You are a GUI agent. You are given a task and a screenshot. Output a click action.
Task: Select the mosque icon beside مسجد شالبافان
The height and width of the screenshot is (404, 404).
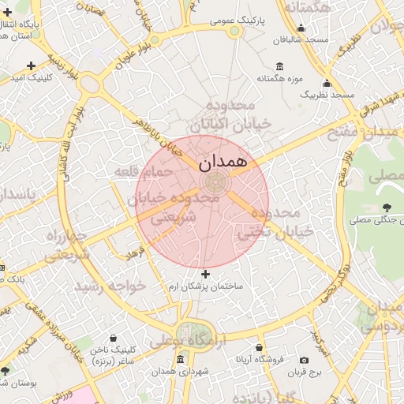tap(301, 28)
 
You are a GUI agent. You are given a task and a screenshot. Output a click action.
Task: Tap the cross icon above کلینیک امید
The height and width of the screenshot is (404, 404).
tap(31, 65)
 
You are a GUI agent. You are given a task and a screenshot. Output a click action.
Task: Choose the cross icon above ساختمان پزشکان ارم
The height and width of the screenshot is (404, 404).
tap(206, 275)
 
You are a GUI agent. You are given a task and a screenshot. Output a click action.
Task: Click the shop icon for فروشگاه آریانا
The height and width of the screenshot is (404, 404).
tap(259, 346)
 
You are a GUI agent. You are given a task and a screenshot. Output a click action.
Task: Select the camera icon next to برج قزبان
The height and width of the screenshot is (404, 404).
tap(305, 360)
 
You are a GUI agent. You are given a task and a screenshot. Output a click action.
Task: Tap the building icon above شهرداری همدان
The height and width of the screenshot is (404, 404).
tap(181, 360)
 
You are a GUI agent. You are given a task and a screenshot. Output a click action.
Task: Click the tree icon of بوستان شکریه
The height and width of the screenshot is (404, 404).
tap(6, 370)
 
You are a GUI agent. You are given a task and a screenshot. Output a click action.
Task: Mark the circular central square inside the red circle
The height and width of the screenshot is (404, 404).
tap(215, 183)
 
